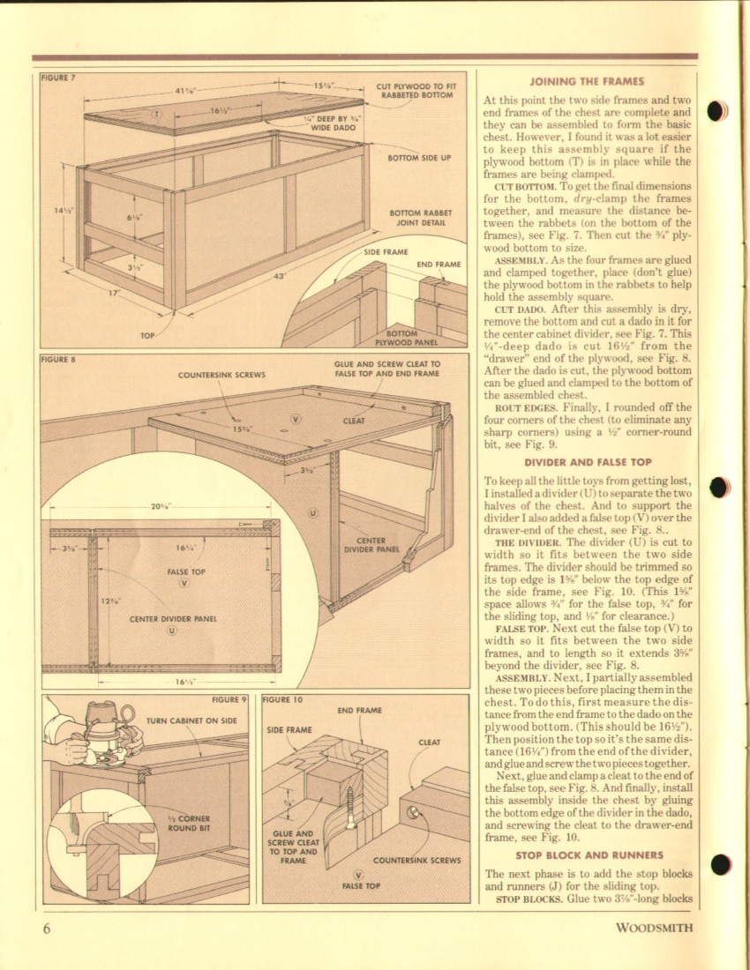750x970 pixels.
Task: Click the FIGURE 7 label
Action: tap(58, 78)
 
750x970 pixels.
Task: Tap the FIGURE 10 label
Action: tap(283, 699)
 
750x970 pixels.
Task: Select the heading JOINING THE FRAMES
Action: tap(586, 81)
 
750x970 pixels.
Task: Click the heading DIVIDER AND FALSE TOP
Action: tap(586, 462)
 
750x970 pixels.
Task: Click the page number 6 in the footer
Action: tap(47, 928)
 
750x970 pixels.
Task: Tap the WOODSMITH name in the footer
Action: tap(654, 928)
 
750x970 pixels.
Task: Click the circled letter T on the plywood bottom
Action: tap(156, 114)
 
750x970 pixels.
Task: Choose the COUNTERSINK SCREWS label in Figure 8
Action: tap(221, 375)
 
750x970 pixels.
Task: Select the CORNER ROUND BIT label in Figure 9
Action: tap(188, 823)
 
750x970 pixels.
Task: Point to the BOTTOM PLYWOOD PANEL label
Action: tap(401, 338)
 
